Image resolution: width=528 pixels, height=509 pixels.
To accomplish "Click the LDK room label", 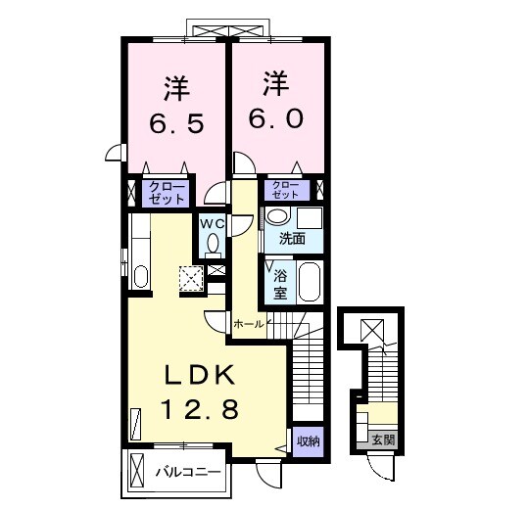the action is click(x=200, y=375).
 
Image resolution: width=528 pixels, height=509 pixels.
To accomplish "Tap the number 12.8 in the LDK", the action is click(x=200, y=408).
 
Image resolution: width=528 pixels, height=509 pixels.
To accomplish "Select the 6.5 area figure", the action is click(x=176, y=123).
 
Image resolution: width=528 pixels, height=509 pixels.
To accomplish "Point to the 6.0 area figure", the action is click(x=276, y=118).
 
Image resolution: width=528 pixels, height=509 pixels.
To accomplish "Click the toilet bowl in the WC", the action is click(x=213, y=244).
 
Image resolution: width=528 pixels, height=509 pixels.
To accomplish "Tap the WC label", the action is click(x=213, y=224).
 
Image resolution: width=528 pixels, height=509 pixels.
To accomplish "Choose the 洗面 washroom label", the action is click(x=292, y=239).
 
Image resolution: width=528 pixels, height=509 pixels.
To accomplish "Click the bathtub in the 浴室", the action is click(x=311, y=282).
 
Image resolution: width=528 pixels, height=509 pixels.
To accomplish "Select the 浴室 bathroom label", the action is click(x=280, y=285).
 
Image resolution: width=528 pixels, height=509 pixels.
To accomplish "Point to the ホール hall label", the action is click(x=249, y=324).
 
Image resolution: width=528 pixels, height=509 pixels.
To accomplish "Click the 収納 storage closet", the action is click(x=309, y=441).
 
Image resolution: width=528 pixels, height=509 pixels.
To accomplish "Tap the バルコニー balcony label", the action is click(x=188, y=473).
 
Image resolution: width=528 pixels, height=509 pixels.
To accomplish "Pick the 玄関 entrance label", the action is click(x=383, y=440).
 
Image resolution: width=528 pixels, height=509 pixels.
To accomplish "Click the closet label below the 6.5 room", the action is click(x=167, y=193).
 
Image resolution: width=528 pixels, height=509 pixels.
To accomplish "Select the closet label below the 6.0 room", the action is click(x=286, y=190).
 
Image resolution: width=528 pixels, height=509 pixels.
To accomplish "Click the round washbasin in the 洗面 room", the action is click(x=278, y=215).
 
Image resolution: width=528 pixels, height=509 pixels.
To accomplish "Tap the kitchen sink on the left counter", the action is click(x=140, y=277).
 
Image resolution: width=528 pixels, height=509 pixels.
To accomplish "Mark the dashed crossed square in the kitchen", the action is click(x=192, y=279).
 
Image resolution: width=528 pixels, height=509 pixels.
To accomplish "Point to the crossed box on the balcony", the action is click(x=136, y=469).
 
